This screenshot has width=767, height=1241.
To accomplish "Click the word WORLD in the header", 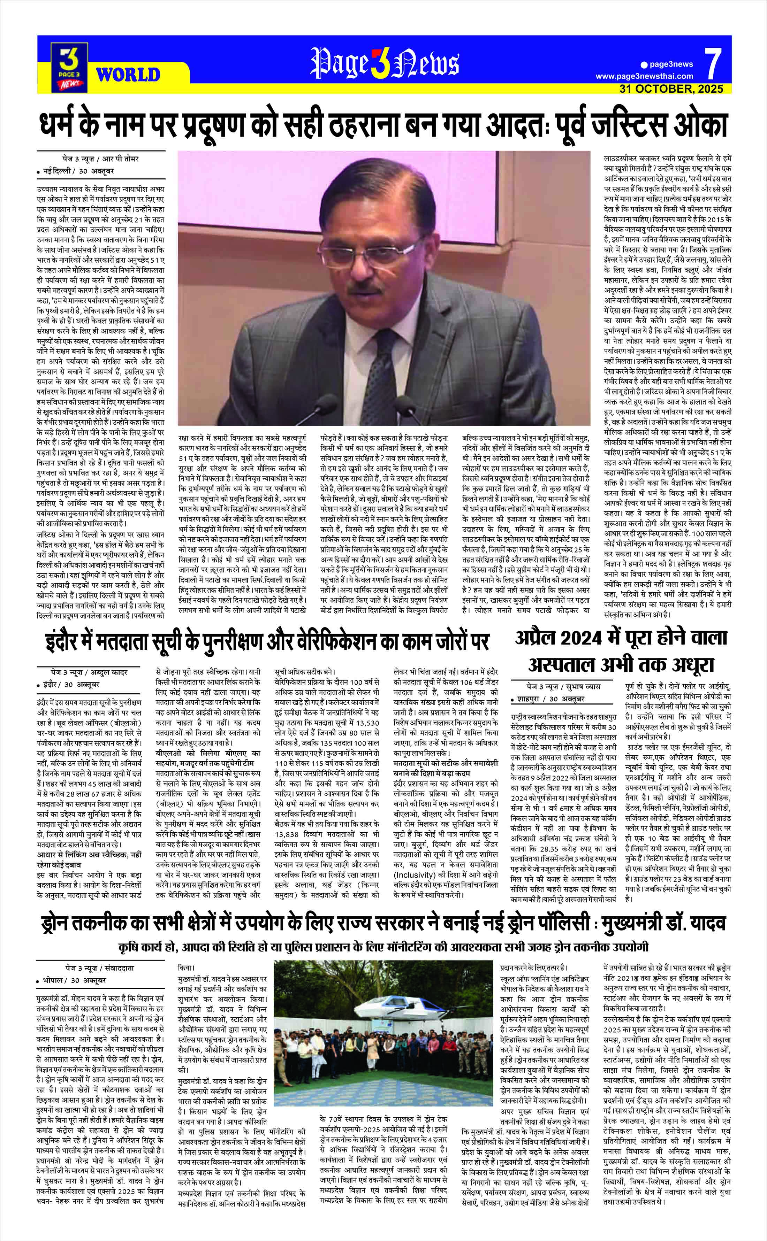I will pyautogui.click(x=128, y=75).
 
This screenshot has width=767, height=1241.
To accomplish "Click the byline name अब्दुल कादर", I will pyautogui.click(x=109, y=672).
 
